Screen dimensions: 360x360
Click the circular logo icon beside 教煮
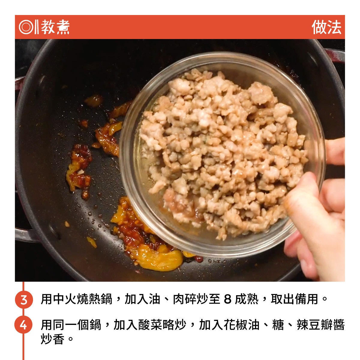pyautogui.click(x=26, y=27)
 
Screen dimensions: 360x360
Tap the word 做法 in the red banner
pyautogui.click(x=326, y=27)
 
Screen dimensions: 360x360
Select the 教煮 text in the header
pyautogui.click(x=55, y=27)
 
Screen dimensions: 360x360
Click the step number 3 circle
pyautogui.click(x=24, y=300)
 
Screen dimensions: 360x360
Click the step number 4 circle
pyautogui.click(x=23, y=325)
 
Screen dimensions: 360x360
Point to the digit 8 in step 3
pyautogui.click(x=227, y=299)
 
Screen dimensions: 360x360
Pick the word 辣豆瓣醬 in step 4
pyautogui.click(x=321, y=325)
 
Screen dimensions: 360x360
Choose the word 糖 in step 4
pyautogui.click(x=278, y=325)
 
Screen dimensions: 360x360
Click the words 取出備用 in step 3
pyautogui.click(x=294, y=299)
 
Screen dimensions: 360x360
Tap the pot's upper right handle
pyautogui.click(x=334, y=56)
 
